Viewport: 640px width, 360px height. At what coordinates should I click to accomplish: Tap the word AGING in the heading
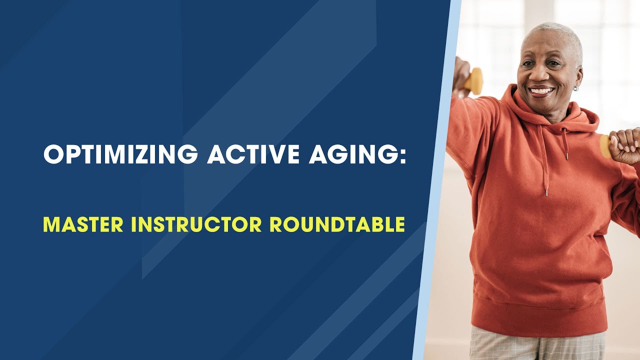[x=350, y=154]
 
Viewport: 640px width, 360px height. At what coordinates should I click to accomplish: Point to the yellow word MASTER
[x=83, y=224]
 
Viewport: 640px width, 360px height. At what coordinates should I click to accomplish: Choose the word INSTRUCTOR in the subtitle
[x=196, y=224]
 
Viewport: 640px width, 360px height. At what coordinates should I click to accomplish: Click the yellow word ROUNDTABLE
[x=337, y=224]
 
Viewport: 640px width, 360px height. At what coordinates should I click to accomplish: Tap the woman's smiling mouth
[x=541, y=91]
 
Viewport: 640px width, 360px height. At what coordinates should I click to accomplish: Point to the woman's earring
[x=576, y=88]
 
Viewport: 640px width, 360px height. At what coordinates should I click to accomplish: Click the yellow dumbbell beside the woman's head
[x=473, y=81]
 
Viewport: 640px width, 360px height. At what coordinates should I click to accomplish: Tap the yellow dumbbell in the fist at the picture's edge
[x=605, y=146]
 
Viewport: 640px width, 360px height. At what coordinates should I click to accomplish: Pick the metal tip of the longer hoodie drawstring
[x=546, y=192]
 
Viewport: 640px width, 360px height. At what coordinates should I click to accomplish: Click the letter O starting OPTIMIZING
[x=52, y=154]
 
